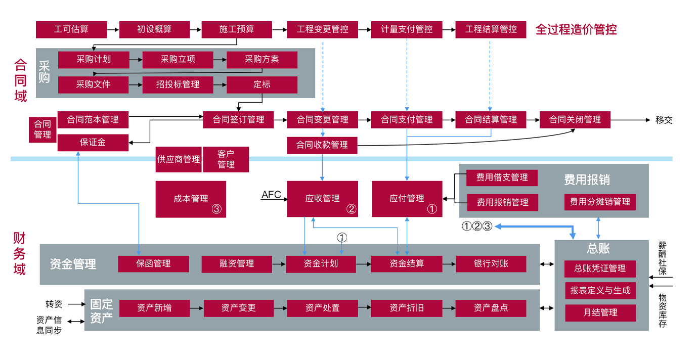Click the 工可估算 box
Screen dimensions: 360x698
[71, 29]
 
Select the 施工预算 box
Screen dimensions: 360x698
[237, 29]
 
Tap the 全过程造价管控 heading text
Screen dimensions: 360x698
[576, 29]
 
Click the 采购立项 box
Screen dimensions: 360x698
[178, 60]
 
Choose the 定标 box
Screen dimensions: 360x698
[262, 85]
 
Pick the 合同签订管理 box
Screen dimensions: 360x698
[238, 120]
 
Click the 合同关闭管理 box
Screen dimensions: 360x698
[575, 120]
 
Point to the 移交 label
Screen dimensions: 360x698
[664, 120]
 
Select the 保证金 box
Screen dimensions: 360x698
[93, 143]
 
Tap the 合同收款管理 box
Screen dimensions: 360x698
[322, 145]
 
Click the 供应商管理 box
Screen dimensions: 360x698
[179, 159]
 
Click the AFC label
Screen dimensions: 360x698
[271, 195]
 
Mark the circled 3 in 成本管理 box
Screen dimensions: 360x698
[216, 208]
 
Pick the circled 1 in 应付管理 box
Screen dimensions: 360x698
[432, 208]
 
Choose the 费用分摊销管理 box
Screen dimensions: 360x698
[600, 202]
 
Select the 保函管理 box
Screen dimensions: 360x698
[153, 263]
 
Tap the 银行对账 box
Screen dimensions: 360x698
[491, 263]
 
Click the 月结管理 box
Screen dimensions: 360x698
[600, 312]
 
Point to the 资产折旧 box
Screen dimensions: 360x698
[407, 307]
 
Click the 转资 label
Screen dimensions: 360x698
[54, 304]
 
